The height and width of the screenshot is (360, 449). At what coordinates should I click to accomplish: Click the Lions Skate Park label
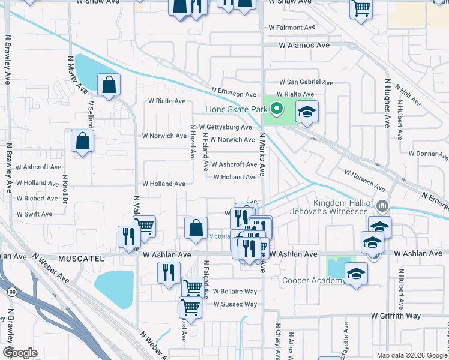click(x=237, y=109)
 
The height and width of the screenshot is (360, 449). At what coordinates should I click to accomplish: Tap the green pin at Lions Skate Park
click(x=276, y=109)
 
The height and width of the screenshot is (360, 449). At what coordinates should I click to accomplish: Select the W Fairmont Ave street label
click(x=292, y=28)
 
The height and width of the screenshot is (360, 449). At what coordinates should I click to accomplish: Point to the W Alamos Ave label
click(x=304, y=45)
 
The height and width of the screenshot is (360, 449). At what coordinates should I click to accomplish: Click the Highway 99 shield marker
click(x=11, y=292)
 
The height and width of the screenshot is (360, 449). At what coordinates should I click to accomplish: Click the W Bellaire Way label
click(x=234, y=292)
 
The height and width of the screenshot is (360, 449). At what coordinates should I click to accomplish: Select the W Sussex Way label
click(x=234, y=304)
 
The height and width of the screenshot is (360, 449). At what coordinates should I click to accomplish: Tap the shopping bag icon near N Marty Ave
click(x=109, y=86)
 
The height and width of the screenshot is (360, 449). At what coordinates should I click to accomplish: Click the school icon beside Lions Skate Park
click(x=307, y=112)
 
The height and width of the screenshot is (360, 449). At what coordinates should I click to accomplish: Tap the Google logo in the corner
click(x=20, y=353)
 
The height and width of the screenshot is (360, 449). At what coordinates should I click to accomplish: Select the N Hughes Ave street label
click(x=386, y=103)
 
